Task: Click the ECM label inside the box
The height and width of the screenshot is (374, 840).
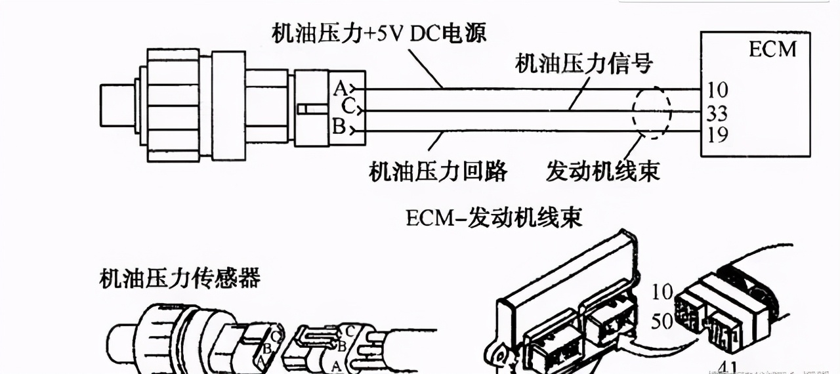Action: click(772, 49)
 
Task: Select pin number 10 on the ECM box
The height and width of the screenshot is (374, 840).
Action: click(718, 89)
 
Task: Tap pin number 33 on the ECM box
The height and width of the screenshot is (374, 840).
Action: click(718, 113)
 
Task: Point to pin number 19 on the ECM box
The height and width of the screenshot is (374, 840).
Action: click(718, 135)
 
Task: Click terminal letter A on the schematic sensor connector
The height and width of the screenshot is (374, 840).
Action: click(340, 87)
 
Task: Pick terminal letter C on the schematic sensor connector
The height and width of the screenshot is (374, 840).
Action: click(347, 105)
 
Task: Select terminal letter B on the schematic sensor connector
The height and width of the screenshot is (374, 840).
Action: click(339, 127)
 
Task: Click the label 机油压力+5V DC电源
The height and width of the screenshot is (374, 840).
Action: click(379, 33)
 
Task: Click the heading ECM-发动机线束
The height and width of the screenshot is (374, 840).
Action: click(493, 217)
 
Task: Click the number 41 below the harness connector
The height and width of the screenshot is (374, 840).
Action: click(728, 367)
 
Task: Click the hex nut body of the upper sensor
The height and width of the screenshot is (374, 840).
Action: click(173, 105)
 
